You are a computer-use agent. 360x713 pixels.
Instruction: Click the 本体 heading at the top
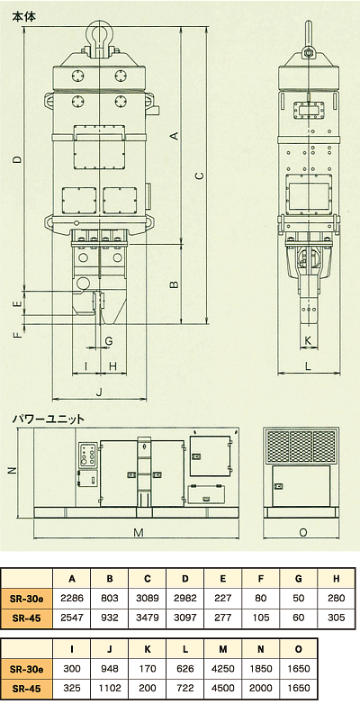[23, 16]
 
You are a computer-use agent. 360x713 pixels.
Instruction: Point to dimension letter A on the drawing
[174, 135]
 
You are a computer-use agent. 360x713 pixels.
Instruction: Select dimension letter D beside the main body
[17, 159]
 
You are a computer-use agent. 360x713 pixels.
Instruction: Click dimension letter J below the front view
[100, 392]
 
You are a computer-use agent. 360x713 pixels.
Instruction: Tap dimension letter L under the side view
[308, 367]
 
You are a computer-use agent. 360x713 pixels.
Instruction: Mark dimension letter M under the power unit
[139, 532]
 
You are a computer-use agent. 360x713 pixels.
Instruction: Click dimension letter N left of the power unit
[13, 471]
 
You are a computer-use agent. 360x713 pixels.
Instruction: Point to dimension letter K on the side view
[308, 340]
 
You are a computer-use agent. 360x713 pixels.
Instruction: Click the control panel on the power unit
[87, 455]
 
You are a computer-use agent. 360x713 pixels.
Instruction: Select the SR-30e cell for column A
[72, 598]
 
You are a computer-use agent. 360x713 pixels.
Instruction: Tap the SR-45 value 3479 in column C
[148, 618]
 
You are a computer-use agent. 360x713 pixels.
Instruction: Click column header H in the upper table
[336, 579]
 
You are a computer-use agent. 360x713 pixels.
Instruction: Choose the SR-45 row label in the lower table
[27, 689]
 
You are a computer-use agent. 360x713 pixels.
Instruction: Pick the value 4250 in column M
[222, 669]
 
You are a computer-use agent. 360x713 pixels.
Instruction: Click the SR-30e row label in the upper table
[27, 598]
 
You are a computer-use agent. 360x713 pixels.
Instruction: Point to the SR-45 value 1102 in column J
[110, 689]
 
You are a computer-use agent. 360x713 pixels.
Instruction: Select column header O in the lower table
[298, 649]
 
